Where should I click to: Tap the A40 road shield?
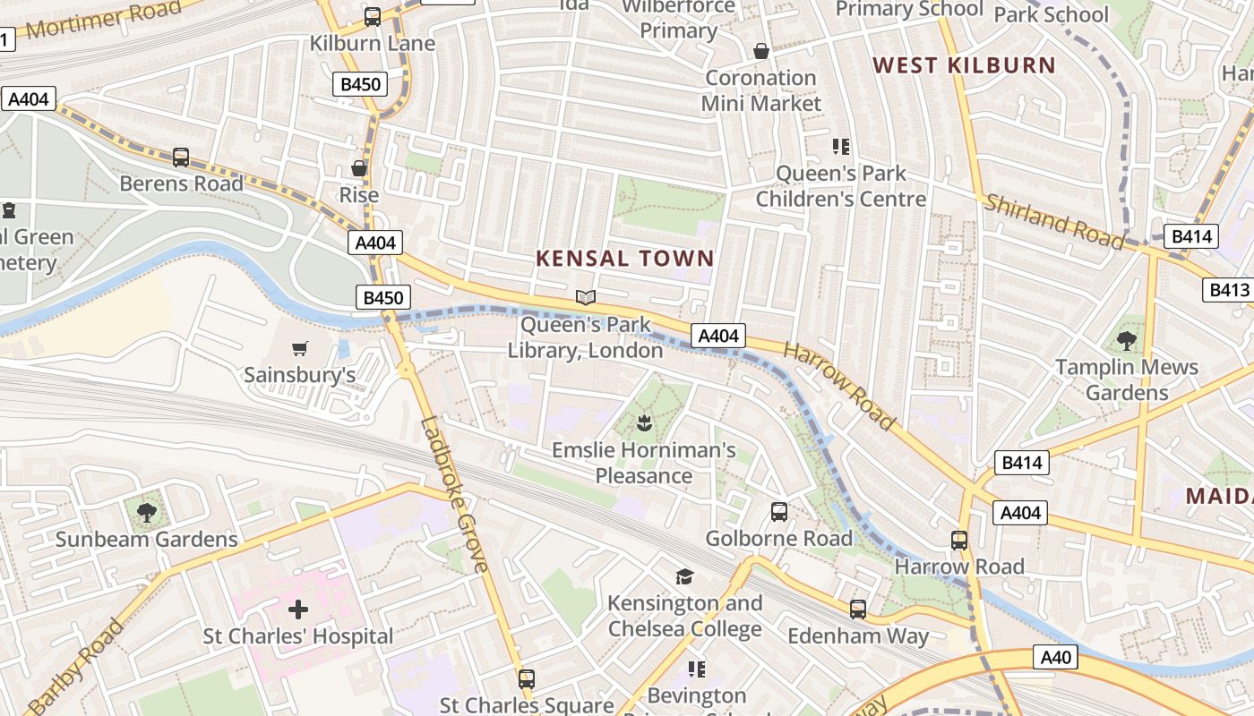tap(1056, 657)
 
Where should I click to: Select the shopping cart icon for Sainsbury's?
tap(300, 348)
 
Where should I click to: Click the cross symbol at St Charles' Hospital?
tap(298, 610)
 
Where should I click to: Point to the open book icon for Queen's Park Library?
tap(586, 297)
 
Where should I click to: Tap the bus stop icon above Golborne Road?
tap(779, 512)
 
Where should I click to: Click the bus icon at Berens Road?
tap(181, 158)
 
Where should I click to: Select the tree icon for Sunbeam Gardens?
tap(147, 513)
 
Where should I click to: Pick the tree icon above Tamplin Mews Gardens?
tap(1127, 340)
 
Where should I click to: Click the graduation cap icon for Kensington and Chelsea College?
tap(685, 576)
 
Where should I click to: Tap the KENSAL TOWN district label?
tap(625, 259)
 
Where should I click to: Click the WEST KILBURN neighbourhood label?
tap(965, 65)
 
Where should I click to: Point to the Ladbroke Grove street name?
tap(455, 494)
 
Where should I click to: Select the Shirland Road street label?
tap(1054, 221)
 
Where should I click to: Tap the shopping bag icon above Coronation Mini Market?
tap(761, 51)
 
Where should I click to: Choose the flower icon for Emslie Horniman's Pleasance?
tap(643, 422)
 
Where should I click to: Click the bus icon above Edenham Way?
tap(858, 609)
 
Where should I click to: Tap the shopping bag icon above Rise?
tap(359, 168)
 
